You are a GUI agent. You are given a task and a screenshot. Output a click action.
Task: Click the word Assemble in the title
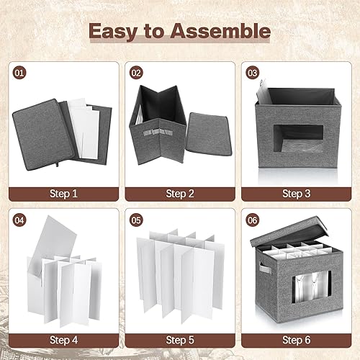coord(223,31)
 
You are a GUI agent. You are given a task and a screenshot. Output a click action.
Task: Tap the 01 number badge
coord(19,73)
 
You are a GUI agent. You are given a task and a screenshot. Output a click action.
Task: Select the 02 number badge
coord(135,73)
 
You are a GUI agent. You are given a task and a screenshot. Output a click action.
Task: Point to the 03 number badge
coord(252,73)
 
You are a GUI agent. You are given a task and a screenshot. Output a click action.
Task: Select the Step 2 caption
coord(179,193)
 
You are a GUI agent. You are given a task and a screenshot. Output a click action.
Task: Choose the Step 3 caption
coord(296,193)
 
